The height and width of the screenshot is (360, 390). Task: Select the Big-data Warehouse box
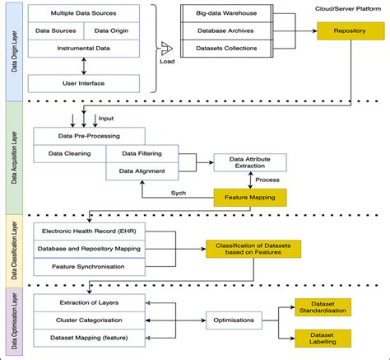click(x=226, y=14)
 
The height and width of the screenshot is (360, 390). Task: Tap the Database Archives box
click(x=226, y=30)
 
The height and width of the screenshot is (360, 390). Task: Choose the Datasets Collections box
click(x=226, y=48)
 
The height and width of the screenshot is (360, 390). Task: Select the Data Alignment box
click(x=142, y=171)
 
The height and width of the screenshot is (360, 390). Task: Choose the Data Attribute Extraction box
click(x=250, y=161)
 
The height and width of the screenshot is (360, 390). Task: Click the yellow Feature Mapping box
click(x=250, y=197)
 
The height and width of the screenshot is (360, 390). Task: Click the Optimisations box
click(x=234, y=320)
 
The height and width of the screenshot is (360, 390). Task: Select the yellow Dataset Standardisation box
click(x=327, y=308)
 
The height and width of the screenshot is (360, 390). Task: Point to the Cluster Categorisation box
click(x=89, y=320)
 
